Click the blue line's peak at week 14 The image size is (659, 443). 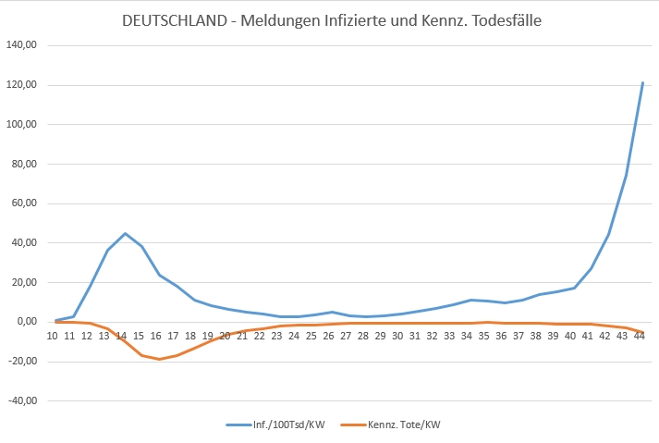coord(126,233)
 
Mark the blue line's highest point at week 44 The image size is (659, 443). coord(642,82)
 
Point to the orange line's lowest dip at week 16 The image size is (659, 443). coord(160,359)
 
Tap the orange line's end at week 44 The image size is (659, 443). coord(642,332)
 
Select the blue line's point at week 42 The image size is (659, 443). coord(608,233)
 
